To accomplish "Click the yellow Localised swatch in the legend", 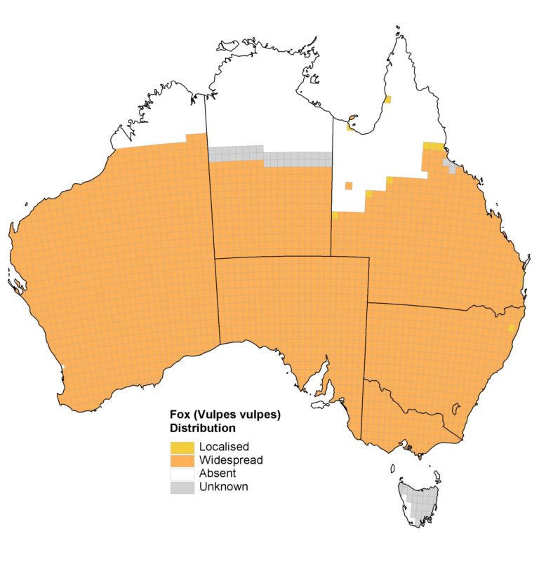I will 182,447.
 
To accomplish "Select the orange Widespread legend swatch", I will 182,460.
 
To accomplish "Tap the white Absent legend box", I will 182,473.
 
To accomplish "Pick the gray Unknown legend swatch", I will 182,487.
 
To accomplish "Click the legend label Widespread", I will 231,460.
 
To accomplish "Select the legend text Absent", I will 217,473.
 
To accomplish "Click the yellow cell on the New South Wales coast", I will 512,328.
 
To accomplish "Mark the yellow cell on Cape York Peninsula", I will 387,100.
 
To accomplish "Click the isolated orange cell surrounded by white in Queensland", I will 348,186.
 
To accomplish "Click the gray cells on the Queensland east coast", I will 449,166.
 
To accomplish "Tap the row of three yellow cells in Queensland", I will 433,146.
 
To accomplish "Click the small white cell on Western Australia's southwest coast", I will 62,367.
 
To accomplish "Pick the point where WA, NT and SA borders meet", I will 215,258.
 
